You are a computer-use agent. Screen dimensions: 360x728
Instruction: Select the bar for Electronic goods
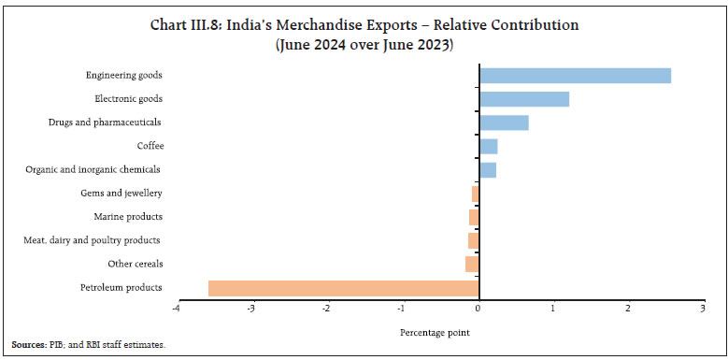tap(524, 99)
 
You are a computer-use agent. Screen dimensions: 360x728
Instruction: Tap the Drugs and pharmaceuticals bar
tap(504, 122)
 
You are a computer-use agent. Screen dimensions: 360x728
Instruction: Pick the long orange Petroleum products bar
tap(343, 288)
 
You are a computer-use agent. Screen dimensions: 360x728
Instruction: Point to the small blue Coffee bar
tap(488, 147)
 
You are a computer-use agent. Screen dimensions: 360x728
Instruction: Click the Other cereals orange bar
tap(472, 265)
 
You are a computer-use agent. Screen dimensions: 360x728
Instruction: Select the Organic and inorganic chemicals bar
tap(487, 170)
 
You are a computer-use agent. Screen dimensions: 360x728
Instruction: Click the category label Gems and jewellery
tap(121, 194)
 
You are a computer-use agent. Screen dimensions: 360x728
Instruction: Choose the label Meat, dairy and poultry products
tap(93, 241)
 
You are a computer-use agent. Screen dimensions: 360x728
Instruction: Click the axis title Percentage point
tap(434, 331)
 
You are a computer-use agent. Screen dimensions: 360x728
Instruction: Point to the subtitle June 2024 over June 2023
tap(364, 44)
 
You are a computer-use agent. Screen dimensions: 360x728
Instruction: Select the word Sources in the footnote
tap(29, 345)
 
